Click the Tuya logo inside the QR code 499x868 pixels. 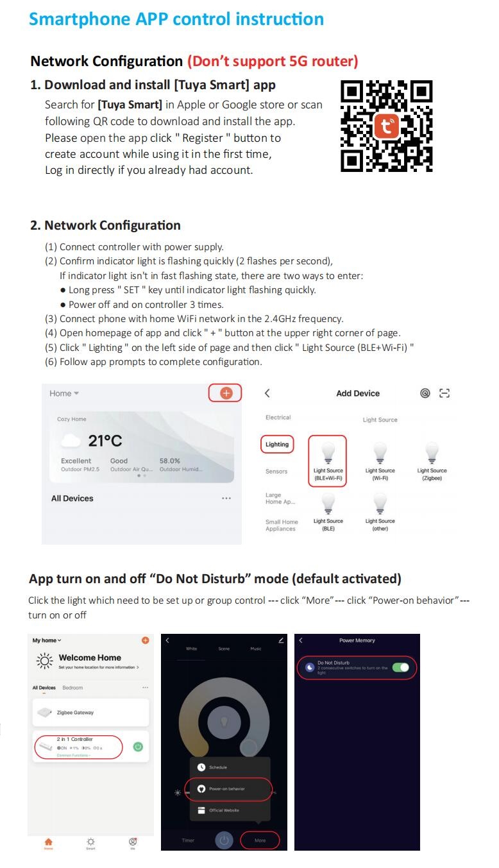point(386,126)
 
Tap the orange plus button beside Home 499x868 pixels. point(226,393)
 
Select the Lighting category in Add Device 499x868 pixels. point(277,444)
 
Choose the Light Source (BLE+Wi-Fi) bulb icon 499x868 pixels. point(328,452)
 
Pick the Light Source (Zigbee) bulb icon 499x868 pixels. point(432,452)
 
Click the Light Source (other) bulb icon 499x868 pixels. point(380,503)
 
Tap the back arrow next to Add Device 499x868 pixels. point(267,393)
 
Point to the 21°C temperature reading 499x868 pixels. point(105,441)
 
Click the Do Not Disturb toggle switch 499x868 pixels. point(400,668)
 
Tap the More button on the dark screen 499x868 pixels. point(260,840)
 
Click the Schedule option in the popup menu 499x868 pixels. point(217,767)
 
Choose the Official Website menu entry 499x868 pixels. point(223,810)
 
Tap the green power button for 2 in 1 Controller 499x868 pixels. point(138,747)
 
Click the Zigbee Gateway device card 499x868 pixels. point(90,712)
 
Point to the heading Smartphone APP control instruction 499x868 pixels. point(176,19)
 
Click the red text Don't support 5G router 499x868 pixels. point(273,61)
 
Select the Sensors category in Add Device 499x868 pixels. point(276,472)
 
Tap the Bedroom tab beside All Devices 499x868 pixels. point(72,688)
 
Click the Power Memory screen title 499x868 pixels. point(357,640)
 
